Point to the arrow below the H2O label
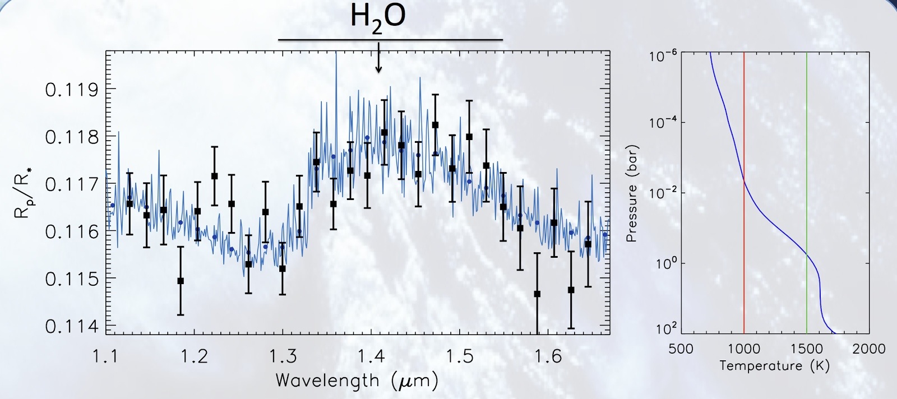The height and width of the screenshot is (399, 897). (x=379, y=59)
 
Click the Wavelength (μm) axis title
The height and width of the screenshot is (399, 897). (x=357, y=381)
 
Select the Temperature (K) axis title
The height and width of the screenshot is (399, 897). (x=774, y=366)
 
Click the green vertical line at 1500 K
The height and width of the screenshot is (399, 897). (x=807, y=140)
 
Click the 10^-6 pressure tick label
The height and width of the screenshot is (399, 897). (x=664, y=56)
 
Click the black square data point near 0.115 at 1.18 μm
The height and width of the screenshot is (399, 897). (x=181, y=281)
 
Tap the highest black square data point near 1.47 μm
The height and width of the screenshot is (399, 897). (x=435, y=125)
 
